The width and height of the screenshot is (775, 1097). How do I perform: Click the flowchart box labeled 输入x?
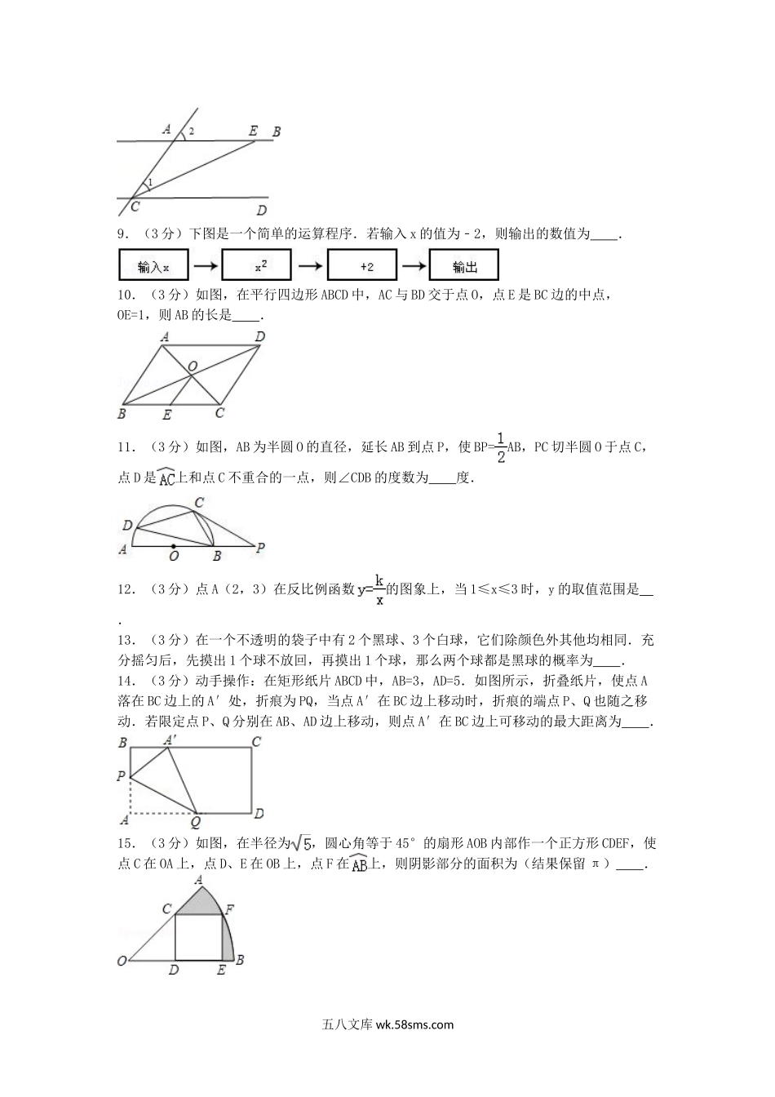tap(154, 266)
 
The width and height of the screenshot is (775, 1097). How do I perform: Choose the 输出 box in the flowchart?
tap(463, 266)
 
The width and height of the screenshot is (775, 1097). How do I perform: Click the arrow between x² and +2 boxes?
tap(311, 266)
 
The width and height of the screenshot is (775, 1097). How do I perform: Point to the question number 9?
tap(123, 234)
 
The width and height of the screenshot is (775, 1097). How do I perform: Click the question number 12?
tap(126, 589)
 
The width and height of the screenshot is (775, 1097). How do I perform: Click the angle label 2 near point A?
tap(191, 131)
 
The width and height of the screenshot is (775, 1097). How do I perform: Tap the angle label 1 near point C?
tap(149, 182)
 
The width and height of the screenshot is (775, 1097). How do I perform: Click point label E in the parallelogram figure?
tap(167, 415)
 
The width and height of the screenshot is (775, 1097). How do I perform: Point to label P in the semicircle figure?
tap(260, 548)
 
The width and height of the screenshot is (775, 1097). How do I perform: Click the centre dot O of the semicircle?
tap(173, 545)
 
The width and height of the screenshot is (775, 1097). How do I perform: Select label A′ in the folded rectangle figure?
tap(170, 739)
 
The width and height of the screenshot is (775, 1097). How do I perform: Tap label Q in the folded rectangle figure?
tap(196, 823)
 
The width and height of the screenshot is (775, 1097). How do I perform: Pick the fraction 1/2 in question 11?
tap(501, 446)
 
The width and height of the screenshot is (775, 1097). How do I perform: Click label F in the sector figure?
tap(229, 908)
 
